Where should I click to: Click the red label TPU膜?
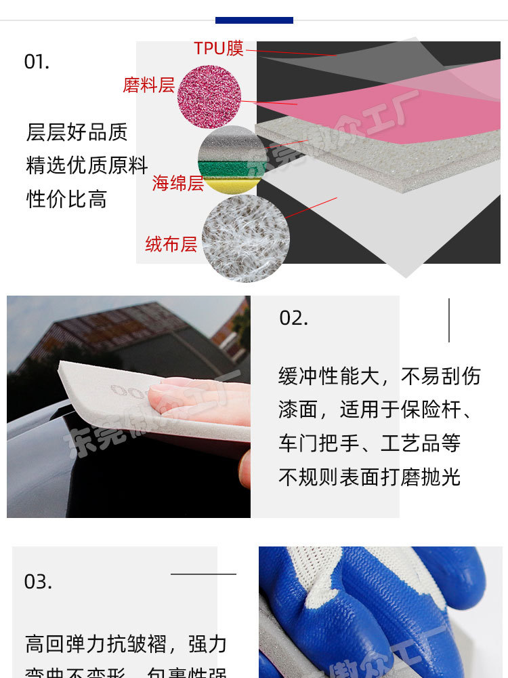(218, 49)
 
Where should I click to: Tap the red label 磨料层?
(148, 85)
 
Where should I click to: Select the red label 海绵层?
(177, 183)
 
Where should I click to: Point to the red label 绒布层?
(171, 244)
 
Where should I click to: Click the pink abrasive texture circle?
(209, 96)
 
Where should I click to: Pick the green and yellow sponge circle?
(232, 160)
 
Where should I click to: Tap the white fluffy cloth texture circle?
(246, 238)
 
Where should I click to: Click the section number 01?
(37, 62)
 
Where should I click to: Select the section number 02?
(293, 318)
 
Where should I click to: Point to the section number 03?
(38, 582)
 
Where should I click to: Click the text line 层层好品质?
(77, 132)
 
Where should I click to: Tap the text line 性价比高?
(66, 199)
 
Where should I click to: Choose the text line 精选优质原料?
(87, 165)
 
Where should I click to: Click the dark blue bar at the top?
(254, 20)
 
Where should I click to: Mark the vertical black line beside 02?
(448, 320)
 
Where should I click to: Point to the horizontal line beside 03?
(203, 574)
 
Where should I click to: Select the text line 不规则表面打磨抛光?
(369, 477)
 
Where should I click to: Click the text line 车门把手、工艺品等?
(369, 443)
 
